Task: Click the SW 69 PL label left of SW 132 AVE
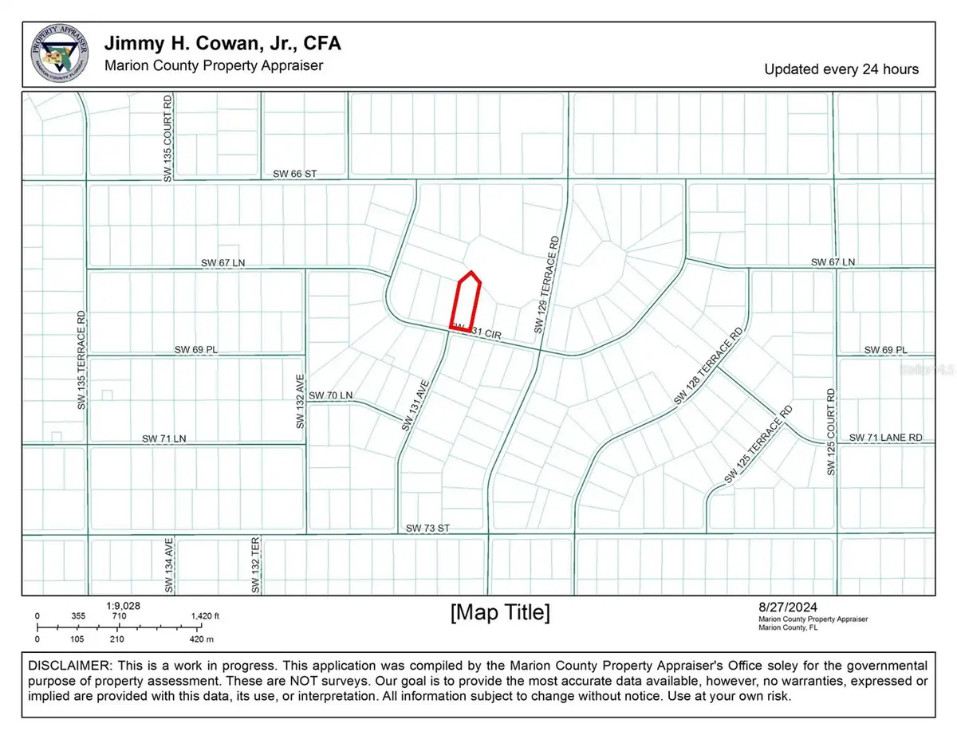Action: pyautogui.click(x=195, y=350)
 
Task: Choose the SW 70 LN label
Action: pyautogui.click(x=330, y=395)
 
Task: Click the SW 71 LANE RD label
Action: pyautogui.click(x=885, y=438)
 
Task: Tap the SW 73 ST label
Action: pyautogui.click(x=428, y=529)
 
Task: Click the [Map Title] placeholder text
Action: pyautogui.click(x=500, y=613)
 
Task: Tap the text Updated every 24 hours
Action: pyautogui.click(x=841, y=69)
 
